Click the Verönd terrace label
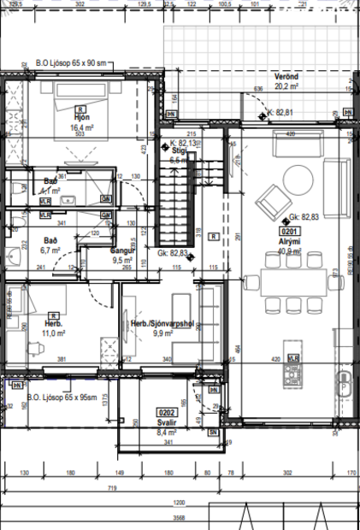(x=286, y=76)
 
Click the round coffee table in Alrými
(x=298, y=180)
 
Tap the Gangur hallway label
(x=123, y=251)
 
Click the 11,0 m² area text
(x=55, y=333)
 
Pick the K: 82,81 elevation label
(x=280, y=112)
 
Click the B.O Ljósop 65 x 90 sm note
(x=70, y=63)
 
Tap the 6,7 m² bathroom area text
(x=50, y=252)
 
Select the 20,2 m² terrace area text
(x=286, y=86)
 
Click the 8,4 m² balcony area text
(x=166, y=433)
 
